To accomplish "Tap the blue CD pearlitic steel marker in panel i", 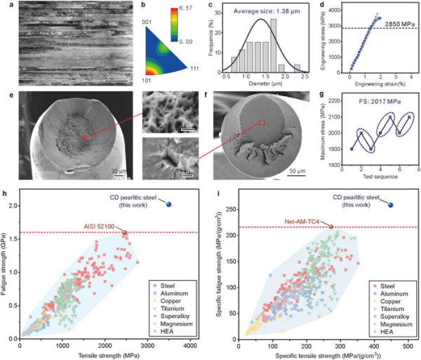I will [391, 204].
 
